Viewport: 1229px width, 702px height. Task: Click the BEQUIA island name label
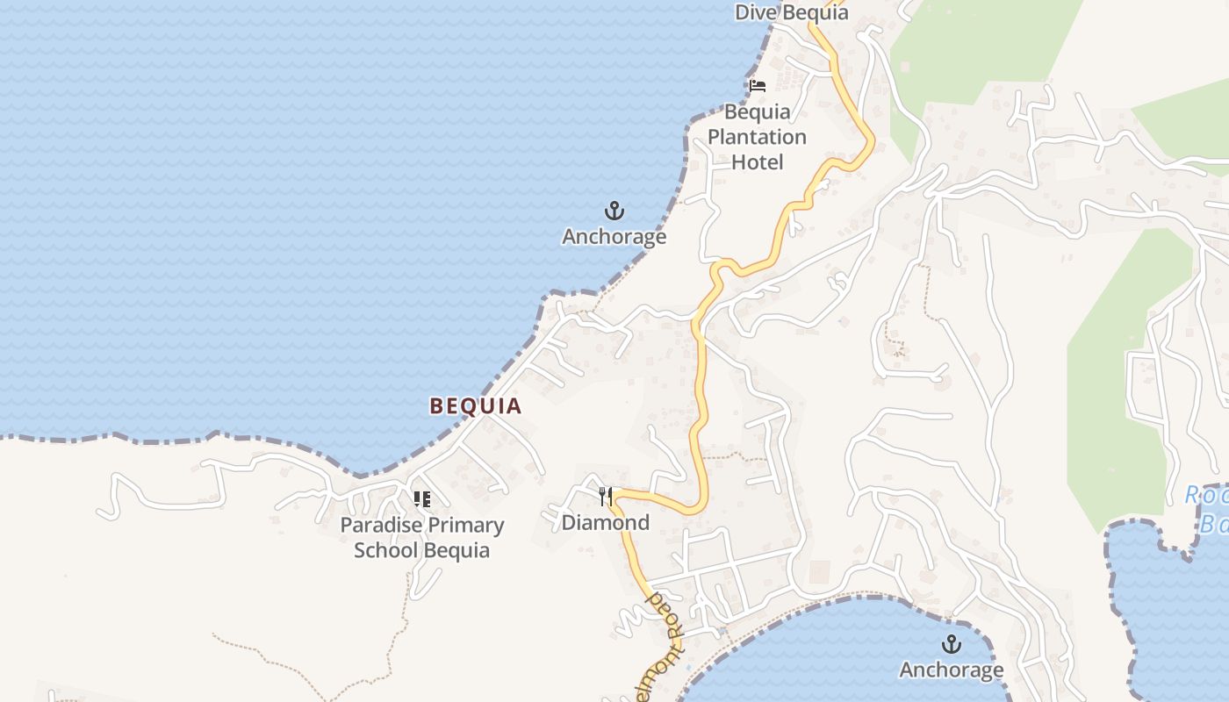[x=475, y=405]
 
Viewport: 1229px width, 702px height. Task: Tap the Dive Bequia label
[x=791, y=12]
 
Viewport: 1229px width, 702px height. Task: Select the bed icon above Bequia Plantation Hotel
[x=758, y=86]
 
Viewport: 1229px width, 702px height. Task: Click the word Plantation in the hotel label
[x=757, y=137]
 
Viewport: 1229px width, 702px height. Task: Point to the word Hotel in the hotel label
[x=757, y=161]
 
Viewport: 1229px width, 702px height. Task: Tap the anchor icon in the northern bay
[x=614, y=211]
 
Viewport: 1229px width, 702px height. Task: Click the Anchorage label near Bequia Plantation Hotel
[x=614, y=237]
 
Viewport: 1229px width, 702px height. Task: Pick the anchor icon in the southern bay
[x=951, y=645]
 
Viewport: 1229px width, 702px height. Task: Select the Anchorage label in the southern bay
[x=951, y=670]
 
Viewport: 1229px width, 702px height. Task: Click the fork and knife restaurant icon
[x=605, y=498]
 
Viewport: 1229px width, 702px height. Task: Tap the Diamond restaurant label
[x=606, y=523]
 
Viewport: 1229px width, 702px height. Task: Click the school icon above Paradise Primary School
[x=422, y=499]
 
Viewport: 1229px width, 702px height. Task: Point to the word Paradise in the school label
[x=378, y=526]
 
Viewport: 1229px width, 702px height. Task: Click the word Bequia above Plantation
[x=757, y=112]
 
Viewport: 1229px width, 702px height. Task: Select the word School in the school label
[x=386, y=551]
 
